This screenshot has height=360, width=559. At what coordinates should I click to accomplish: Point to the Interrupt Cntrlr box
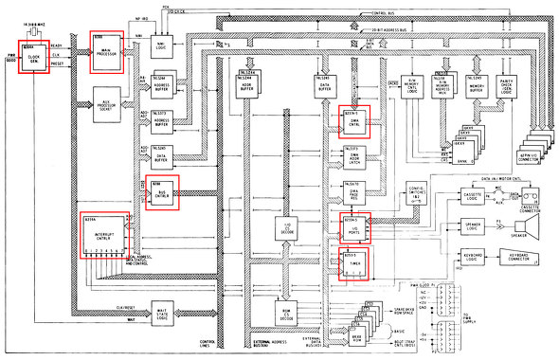coord(101,234)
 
